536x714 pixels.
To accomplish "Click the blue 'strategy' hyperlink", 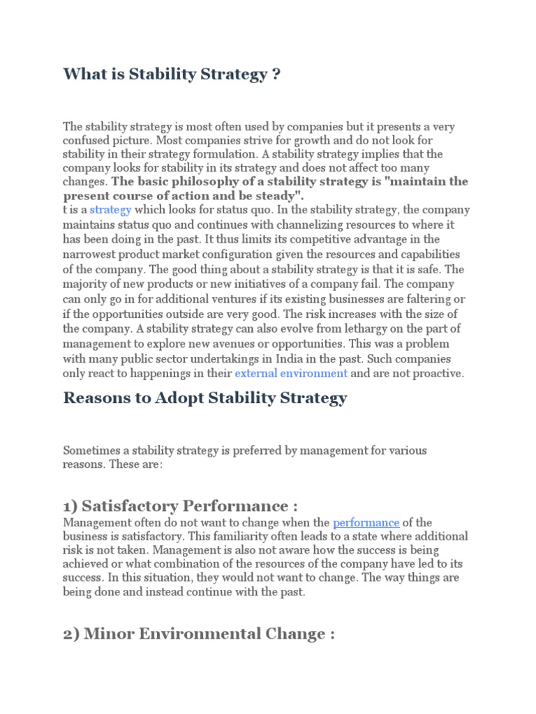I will pos(110,210).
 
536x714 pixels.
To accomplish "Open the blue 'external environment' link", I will pos(291,373).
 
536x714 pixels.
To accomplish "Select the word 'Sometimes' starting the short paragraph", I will pos(89,450).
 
